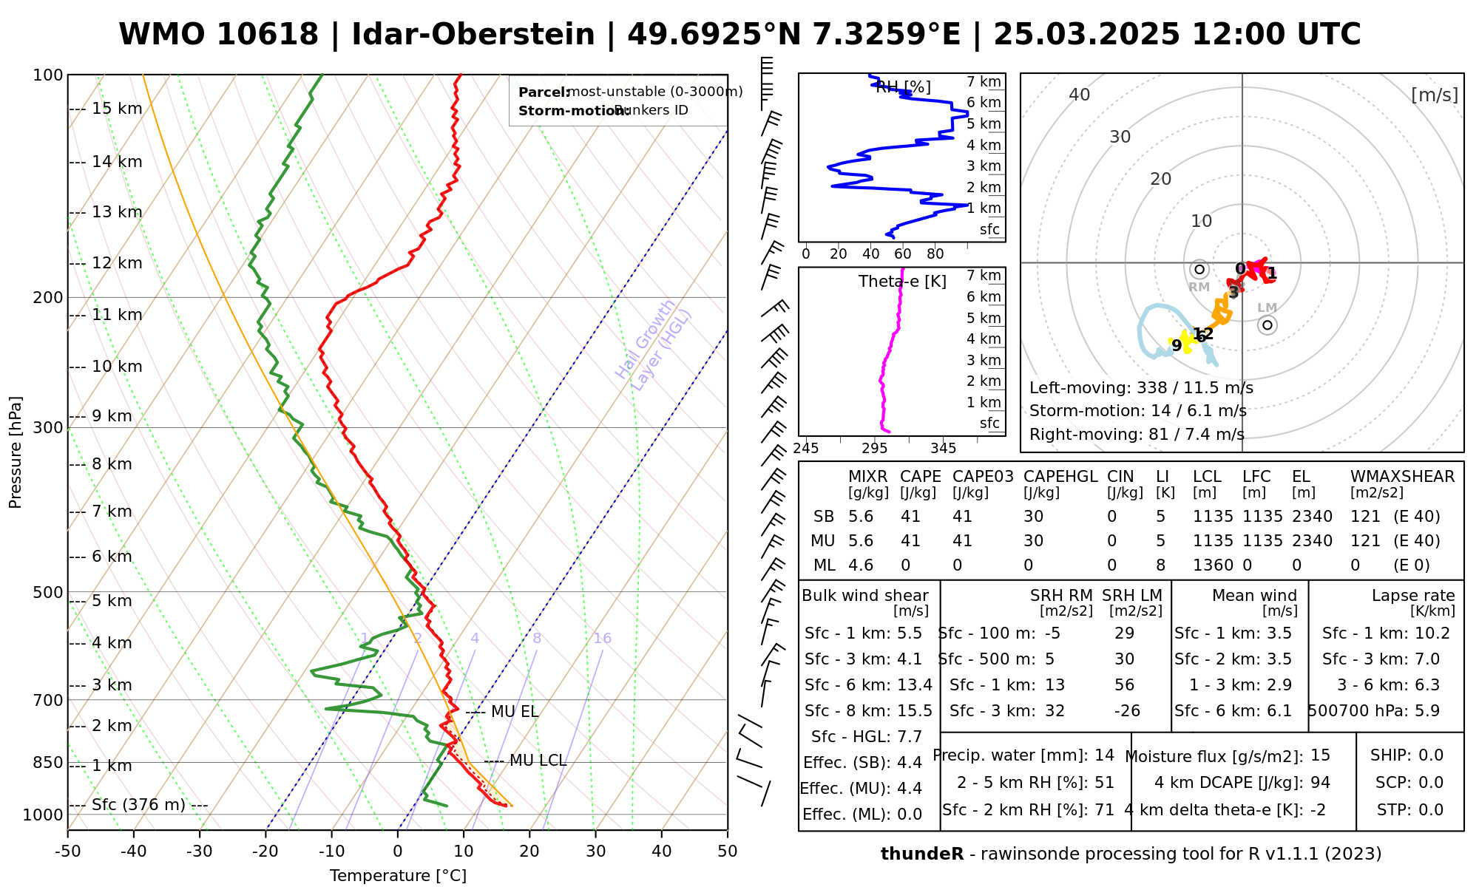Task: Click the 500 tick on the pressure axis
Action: tap(48, 592)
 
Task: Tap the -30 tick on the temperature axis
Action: tap(200, 852)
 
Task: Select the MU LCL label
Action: tap(538, 761)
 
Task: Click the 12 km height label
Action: tap(117, 263)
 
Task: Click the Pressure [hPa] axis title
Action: tap(16, 452)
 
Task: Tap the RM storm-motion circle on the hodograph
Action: tap(1199, 270)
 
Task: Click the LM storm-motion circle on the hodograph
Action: tap(1268, 325)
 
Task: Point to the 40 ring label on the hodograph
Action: tap(1080, 95)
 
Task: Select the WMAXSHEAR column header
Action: tap(1402, 477)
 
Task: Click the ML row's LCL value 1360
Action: tap(1213, 565)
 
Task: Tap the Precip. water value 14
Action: tap(1104, 755)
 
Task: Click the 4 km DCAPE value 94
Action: tap(1320, 783)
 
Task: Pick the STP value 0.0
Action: tap(1431, 810)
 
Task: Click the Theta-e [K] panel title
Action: tap(902, 282)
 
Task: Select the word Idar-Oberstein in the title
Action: tap(473, 35)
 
